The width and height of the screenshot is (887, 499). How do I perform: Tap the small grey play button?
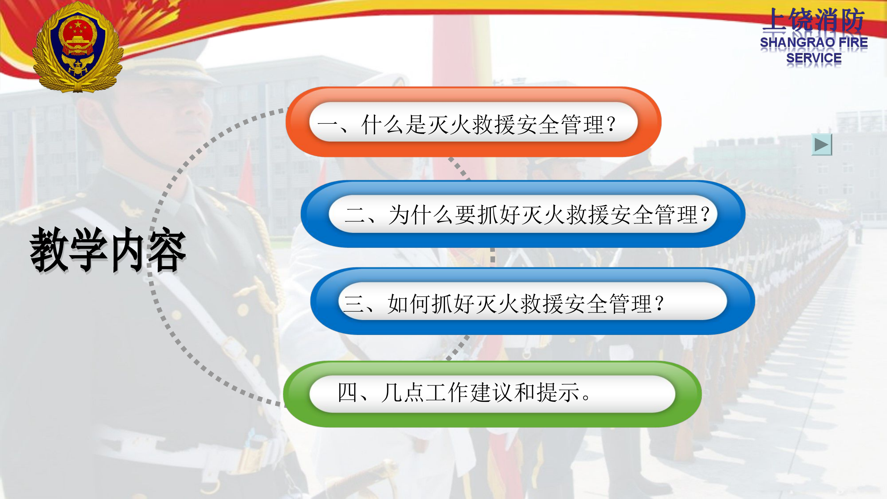[821, 145]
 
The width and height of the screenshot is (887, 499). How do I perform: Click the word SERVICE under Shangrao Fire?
[813, 58]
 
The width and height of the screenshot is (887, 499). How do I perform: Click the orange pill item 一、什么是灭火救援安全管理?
[473, 122]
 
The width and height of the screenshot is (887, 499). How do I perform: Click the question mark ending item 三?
[660, 303]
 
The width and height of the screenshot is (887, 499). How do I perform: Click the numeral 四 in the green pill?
[347, 392]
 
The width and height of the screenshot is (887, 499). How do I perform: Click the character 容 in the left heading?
[167, 250]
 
